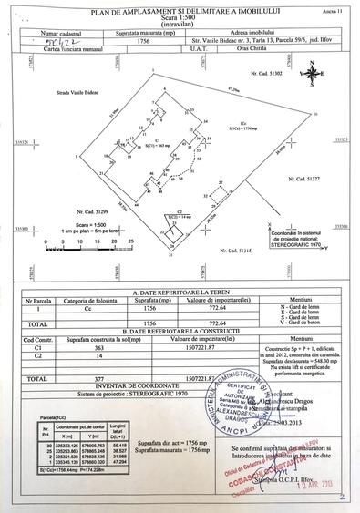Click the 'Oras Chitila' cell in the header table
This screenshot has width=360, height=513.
(255, 48)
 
